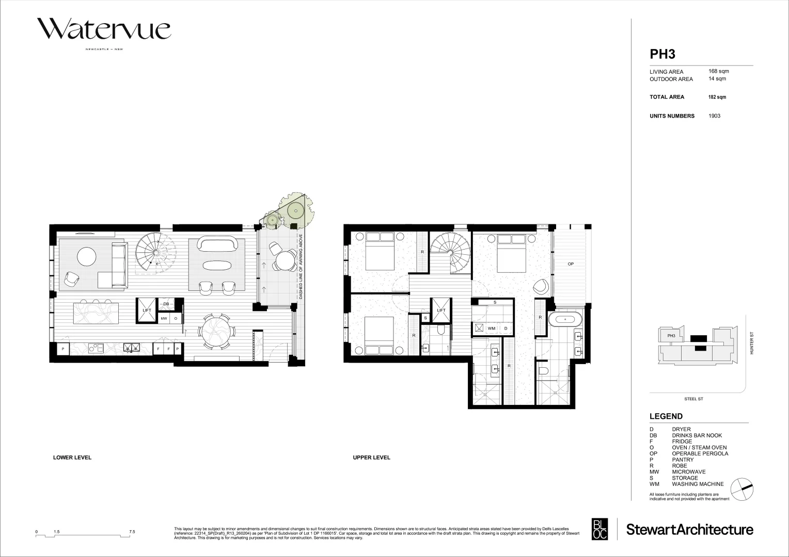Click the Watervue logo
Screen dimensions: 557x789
pyautogui.click(x=103, y=30)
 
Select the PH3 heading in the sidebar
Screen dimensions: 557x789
pyautogui.click(x=662, y=54)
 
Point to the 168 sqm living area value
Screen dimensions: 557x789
pyautogui.click(x=719, y=71)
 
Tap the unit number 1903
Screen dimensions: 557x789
pyautogui.click(x=714, y=116)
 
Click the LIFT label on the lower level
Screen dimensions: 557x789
pyautogui.click(x=147, y=310)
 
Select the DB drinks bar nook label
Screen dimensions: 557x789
pyautogui.click(x=166, y=304)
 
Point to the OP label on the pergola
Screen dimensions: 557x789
pyautogui.click(x=571, y=264)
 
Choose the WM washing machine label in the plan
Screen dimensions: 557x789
pyautogui.click(x=491, y=328)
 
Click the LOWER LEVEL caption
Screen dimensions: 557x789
pyautogui.click(x=72, y=457)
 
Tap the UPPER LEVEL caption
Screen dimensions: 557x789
pyautogui.click(x=371, y=457)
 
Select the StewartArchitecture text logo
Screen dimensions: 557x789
pyautogui.click(x=689, y=530)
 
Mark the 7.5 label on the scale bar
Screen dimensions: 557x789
pyautogui.click(x=132, y=531)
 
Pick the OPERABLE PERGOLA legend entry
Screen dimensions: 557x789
pyautogui.click(x=700, y=453)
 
